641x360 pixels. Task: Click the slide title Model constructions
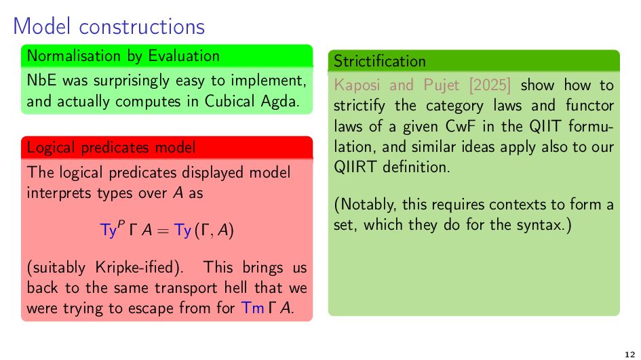point(109,26)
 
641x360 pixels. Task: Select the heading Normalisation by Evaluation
point(123,56)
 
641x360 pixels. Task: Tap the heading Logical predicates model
point(111,147)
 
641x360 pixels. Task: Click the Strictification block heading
point(380,61)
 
